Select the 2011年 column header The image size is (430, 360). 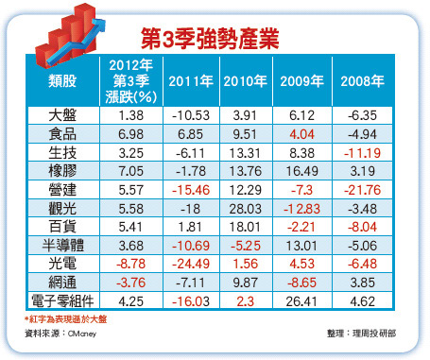coord(187,80)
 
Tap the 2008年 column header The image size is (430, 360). coord(361,80)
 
